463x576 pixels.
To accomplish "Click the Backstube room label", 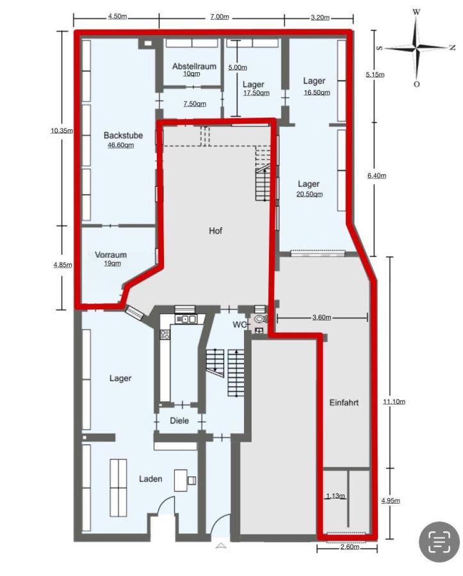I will [x=123, y=136].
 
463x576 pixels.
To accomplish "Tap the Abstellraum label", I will [x=194, y=67].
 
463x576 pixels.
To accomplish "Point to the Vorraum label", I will [x=111, y=255].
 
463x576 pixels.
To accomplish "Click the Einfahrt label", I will [x=343, y=403].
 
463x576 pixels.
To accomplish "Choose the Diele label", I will [x=179, y=421].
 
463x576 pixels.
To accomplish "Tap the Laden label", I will [x=151, y=479].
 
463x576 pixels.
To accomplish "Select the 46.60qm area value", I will [x=120, y=145].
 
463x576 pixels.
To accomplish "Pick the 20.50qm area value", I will [x=309, y=194].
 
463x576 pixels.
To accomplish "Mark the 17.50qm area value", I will [x=256, y=93].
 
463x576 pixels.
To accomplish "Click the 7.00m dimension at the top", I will [x=219, y=17].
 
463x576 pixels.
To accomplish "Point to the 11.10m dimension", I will [x=394, y=402].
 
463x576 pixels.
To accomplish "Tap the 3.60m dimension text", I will [x=321, y=317].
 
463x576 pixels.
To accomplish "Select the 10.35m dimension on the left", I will [x=61, y=131].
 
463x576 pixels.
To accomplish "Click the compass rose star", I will [x=416, y=47].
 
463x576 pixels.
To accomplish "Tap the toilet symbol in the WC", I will [x=259, y=319].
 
